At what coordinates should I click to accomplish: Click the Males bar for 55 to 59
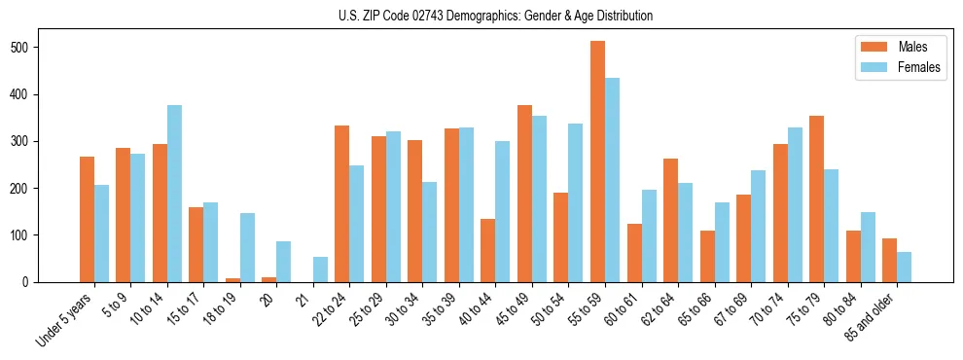(x=597, y=162)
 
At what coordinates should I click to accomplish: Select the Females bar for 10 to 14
(x=174, y=194)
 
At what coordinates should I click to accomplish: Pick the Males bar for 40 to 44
(x=488, y=250)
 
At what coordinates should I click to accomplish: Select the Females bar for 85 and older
(x=904, y=267)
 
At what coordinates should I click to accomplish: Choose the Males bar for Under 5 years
(x=87, y=219)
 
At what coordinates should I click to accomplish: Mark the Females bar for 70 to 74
(x=795, y=204)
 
